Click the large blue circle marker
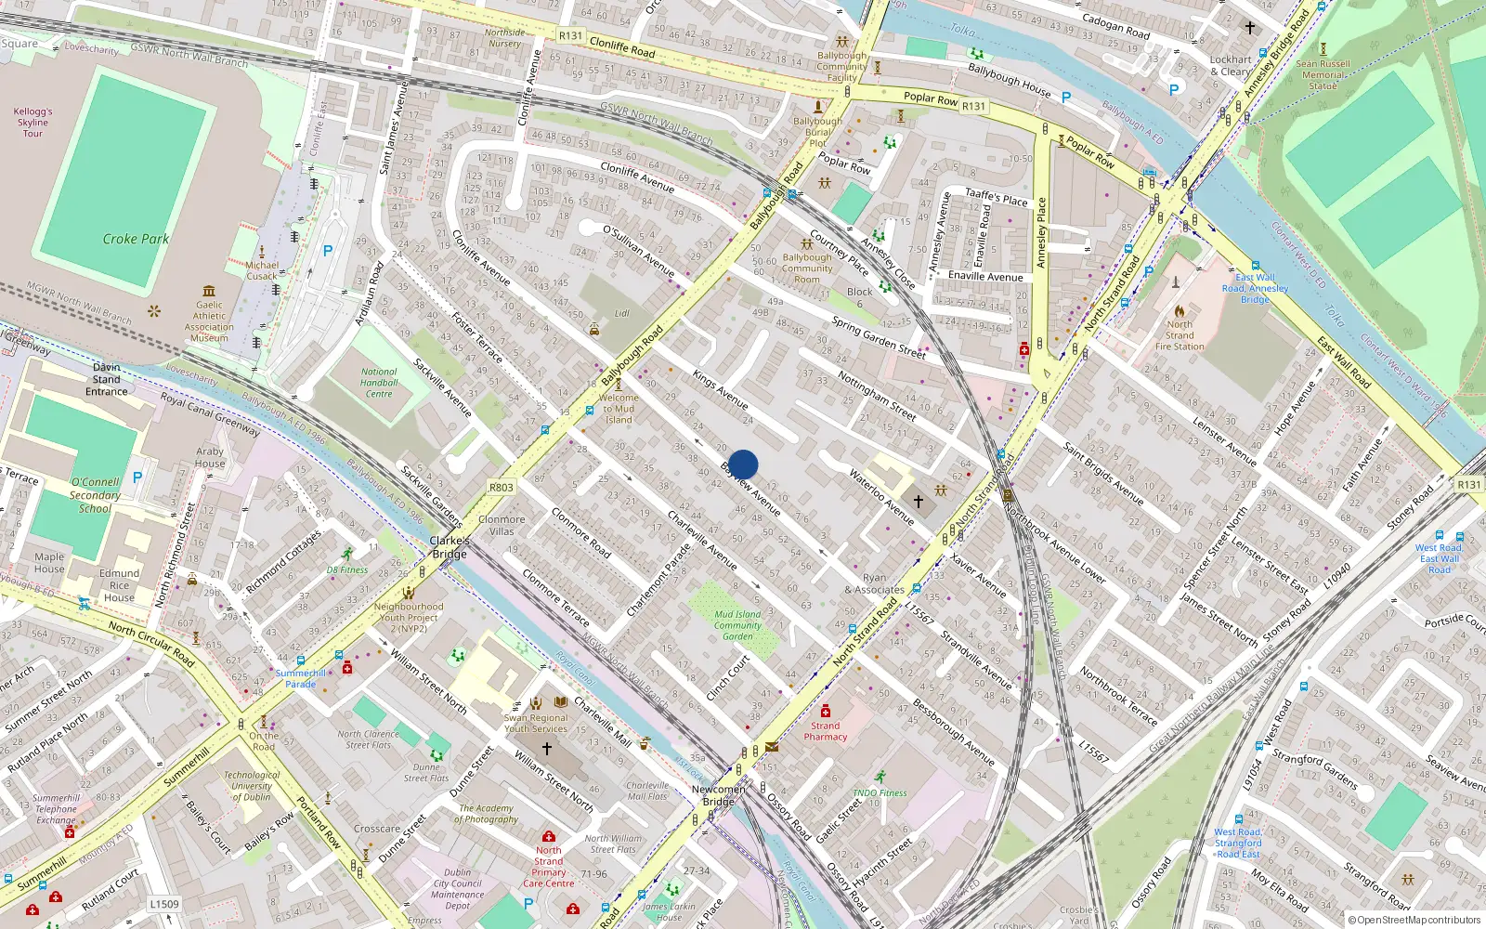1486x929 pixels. tap(743, 464)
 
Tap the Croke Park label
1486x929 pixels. tap(136, 239)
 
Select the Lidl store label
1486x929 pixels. tap(621, 313)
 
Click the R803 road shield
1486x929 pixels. tap(501, 487)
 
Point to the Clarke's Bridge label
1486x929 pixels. tap(450, 547)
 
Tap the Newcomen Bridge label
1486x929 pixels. tap(718, 795)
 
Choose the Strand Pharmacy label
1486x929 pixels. tap(825, 731)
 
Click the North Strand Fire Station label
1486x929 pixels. tap(1180, 335)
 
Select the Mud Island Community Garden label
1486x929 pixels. tap(737, 625)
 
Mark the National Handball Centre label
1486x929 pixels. tap(379, 383)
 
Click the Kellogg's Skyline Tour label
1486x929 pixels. tap(33, 123)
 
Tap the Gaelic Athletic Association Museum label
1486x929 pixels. tap(209, 321)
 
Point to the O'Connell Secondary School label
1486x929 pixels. tap(95, 495)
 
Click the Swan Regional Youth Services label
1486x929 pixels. tap(536, 723)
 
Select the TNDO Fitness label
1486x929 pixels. tap(879, 792)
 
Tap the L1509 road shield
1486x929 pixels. tap(163, 904)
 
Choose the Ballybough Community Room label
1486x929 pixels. tap(807, 268)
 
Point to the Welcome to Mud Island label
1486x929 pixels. tap(619, 409)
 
